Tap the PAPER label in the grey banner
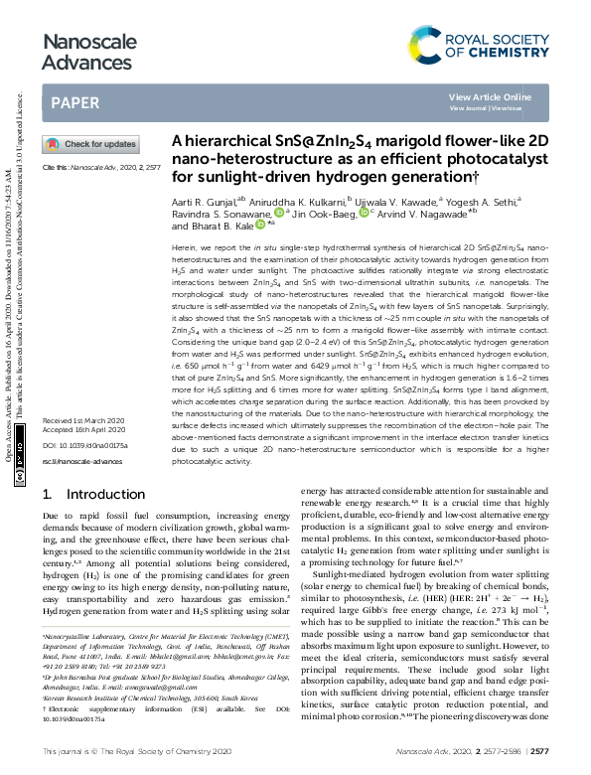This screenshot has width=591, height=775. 74,101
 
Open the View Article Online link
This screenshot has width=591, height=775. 504,96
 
